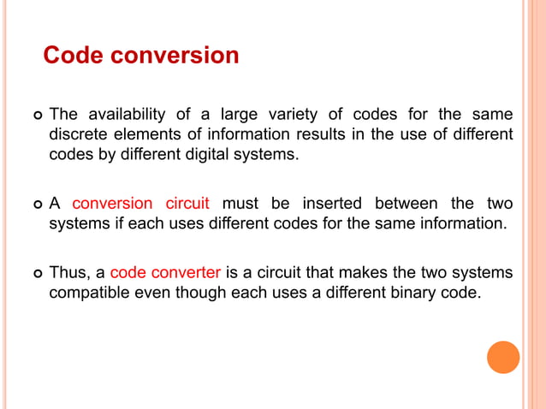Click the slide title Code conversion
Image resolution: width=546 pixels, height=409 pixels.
[141, 56]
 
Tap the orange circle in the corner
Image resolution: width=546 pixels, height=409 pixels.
[503, 357]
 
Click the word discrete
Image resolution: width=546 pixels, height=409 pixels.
[78, 135]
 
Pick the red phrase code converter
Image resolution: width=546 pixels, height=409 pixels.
[166, 272]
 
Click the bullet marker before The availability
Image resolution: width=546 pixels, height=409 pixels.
[35, 116]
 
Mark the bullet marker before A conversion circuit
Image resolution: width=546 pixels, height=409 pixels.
[35, 204]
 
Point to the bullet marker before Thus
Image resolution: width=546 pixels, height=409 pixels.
[35, 273]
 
